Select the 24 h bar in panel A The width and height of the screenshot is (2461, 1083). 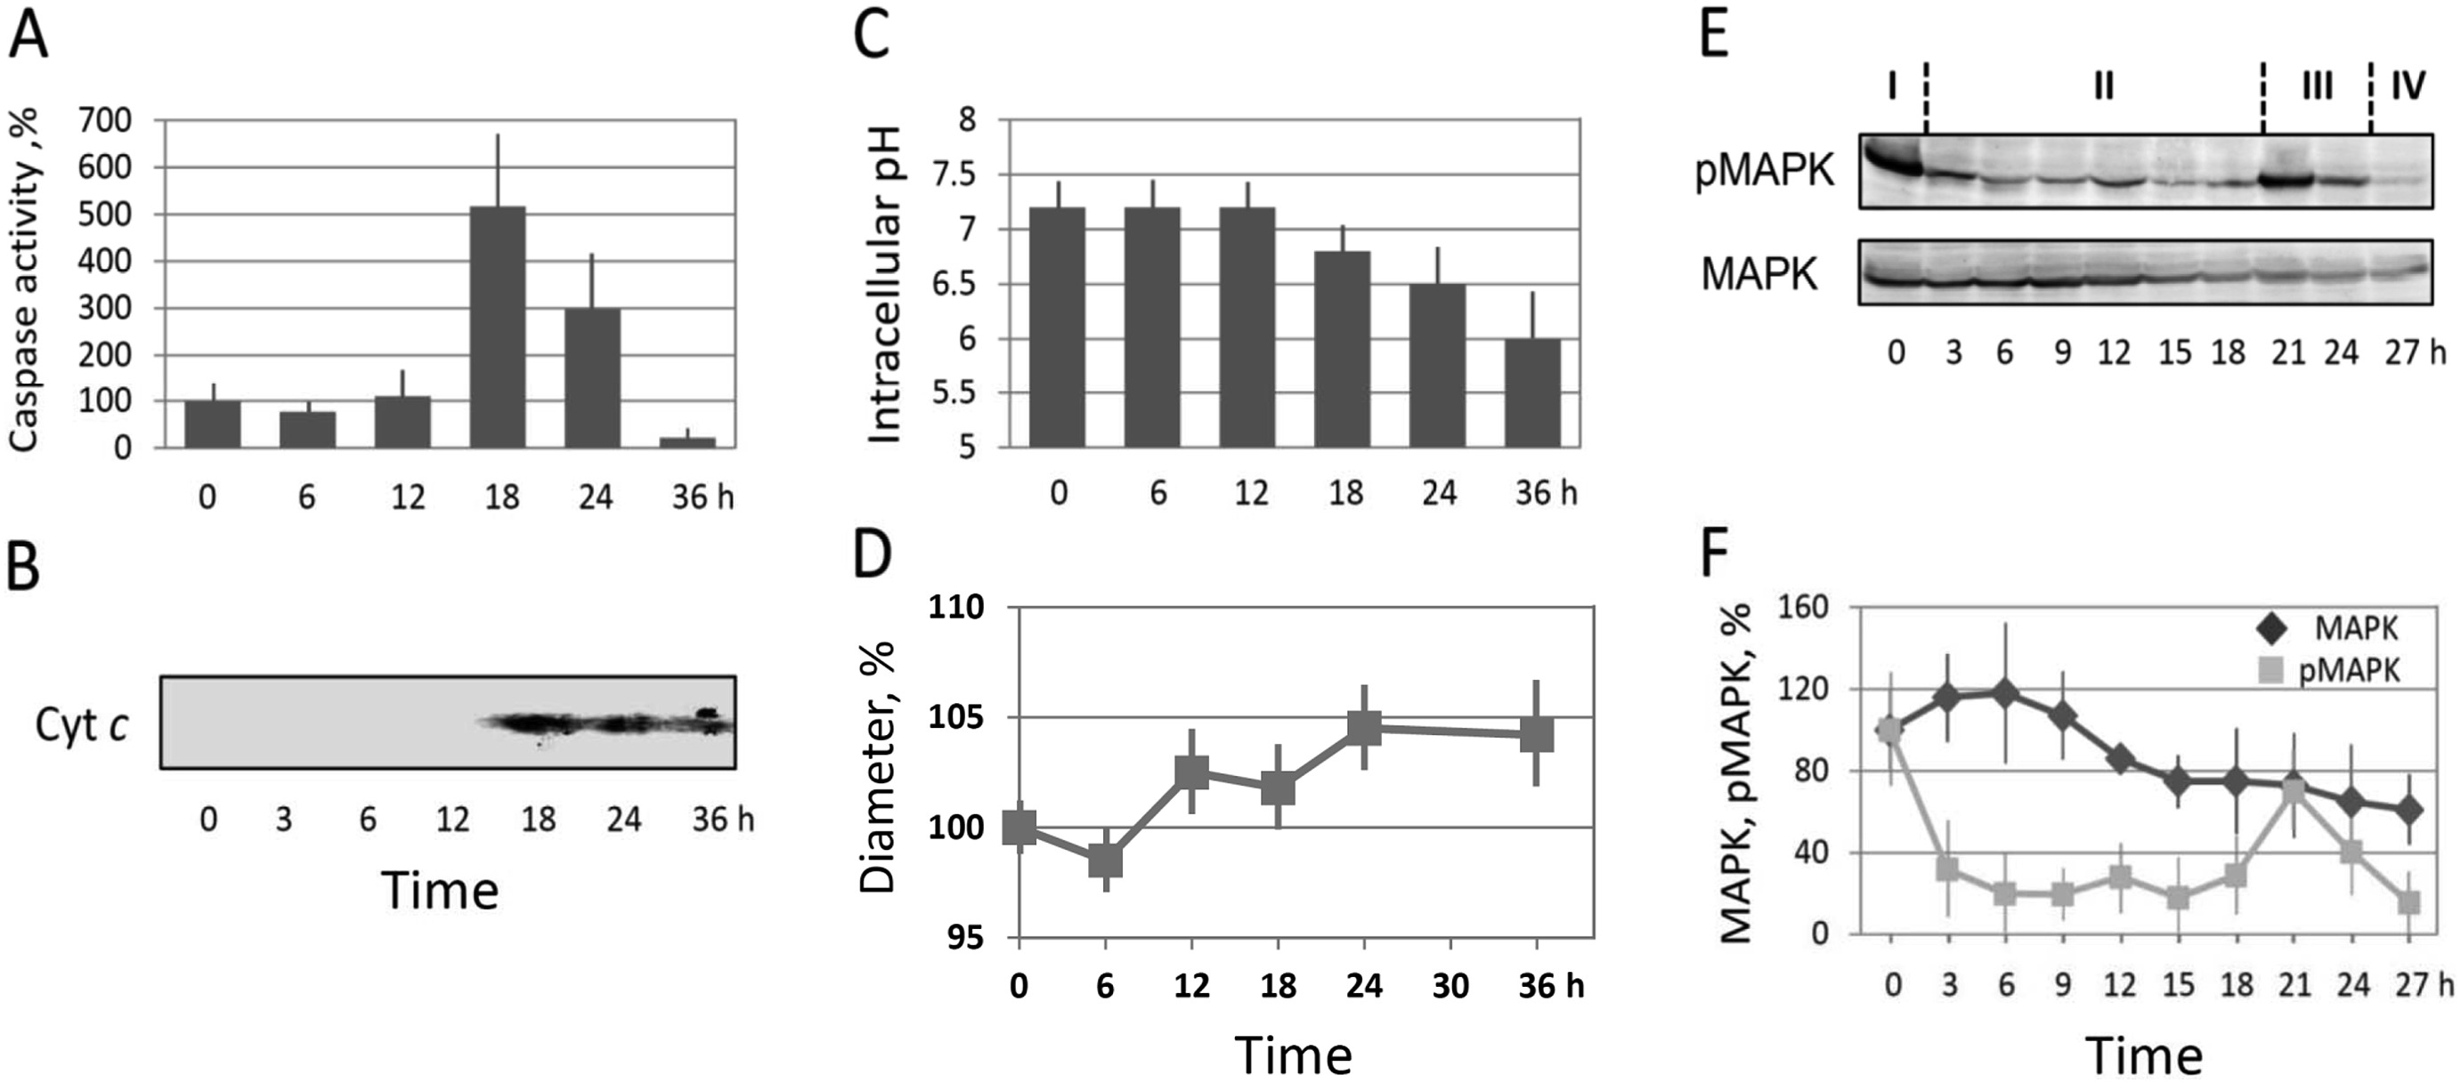592,377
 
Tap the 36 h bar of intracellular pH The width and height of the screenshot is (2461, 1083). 1531,392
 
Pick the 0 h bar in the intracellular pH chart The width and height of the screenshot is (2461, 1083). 1058,327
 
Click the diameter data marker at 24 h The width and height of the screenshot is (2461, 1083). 1364,727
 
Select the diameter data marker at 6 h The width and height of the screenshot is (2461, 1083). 1105,861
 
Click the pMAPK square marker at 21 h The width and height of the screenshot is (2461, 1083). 2293,792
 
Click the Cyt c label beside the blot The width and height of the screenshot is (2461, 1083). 82,725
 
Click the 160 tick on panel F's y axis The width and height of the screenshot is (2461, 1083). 1802,609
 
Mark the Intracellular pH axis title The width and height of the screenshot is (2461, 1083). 885,286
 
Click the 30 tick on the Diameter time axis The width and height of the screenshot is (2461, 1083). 1450,984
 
